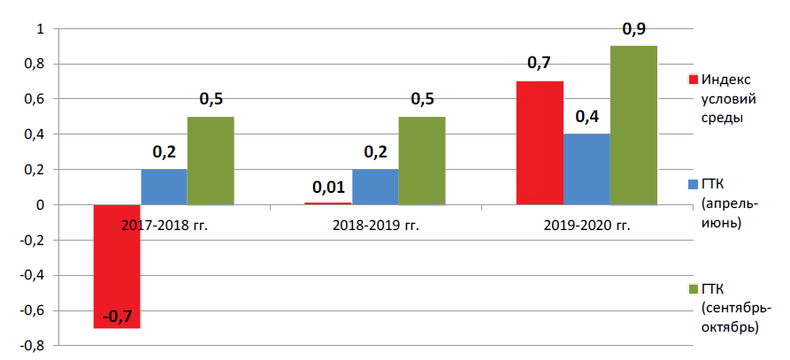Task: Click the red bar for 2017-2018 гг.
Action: (117, 266)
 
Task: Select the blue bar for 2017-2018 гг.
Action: (164, 187)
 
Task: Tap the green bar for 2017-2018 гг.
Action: (211, 161)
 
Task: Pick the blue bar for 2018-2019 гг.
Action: (375, 187)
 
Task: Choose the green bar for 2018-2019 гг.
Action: (422, 161)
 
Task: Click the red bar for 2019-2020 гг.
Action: (541, 143)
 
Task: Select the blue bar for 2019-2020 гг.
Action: (587, 169)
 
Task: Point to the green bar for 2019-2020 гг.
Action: (633, 126)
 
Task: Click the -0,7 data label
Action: (118, 318)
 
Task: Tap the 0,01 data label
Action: (328, 188)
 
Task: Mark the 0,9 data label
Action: (633, 28)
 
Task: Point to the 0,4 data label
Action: (587, 117)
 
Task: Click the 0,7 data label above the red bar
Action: (540, 64)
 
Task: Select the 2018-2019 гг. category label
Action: (376, 225)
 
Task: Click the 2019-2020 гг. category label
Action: (587, 225)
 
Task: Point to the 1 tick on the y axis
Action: (42, 29)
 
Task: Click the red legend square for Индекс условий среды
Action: (694, 80)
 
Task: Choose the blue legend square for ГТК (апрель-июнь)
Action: (694, 185)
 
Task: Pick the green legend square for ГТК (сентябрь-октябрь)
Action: (694, 289)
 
